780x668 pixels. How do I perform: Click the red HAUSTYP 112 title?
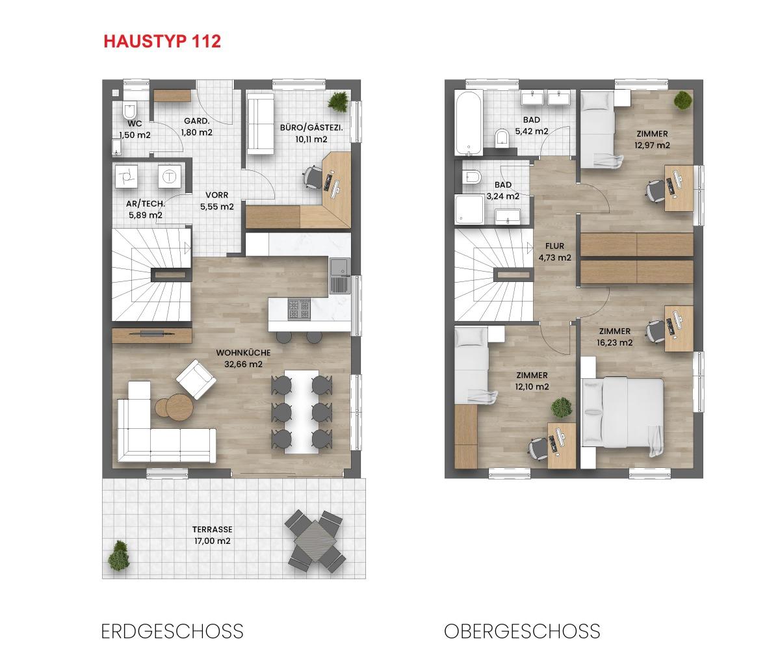[162, 42]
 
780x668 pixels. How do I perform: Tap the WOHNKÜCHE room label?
[243, 353]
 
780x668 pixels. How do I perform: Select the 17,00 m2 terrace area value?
[212, 541]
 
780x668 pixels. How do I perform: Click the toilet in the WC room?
[129, 111]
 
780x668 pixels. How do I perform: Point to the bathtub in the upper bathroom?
[468, 123]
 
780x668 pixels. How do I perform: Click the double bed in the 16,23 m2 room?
[623, 413]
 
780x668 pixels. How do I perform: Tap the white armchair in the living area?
[196, 379]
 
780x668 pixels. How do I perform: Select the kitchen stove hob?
[299, 309]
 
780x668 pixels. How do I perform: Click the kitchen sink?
[341, 276]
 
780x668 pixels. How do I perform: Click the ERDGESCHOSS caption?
[172, 632]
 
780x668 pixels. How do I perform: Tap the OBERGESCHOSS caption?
[522, 632]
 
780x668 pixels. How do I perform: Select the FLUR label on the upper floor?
[554, 246]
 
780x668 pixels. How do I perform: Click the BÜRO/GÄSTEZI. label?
[311, 128]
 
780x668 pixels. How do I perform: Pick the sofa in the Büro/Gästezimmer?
[261, 125]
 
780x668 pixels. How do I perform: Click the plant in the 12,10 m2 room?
[562, 407]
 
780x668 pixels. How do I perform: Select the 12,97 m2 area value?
[652, 145]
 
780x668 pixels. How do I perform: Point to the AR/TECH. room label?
[146, 203]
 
